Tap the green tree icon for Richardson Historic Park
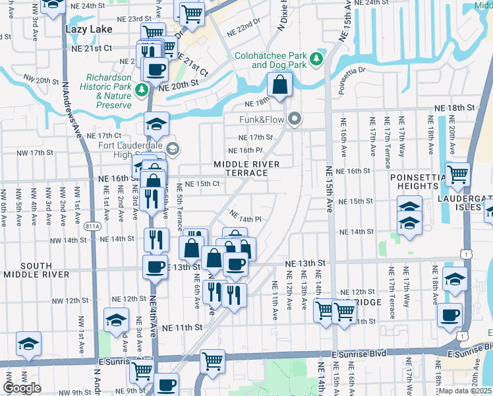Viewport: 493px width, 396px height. tap(140, 88)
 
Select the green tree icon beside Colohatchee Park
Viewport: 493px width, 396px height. tap(316, 59)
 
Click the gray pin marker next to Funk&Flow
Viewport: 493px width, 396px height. tap(295, 119)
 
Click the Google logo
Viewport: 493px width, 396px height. tap(22, 388)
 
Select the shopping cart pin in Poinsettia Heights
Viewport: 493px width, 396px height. tap(457, 174)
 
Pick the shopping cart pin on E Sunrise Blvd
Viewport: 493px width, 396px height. tap(212, 360)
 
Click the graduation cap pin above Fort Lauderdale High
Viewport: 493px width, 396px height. tap(157, 123)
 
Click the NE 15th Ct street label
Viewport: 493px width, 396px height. tap(201, 183)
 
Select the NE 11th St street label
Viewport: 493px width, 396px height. tap(182, 327)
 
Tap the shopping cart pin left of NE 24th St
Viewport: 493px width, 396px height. tap(191, 11)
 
